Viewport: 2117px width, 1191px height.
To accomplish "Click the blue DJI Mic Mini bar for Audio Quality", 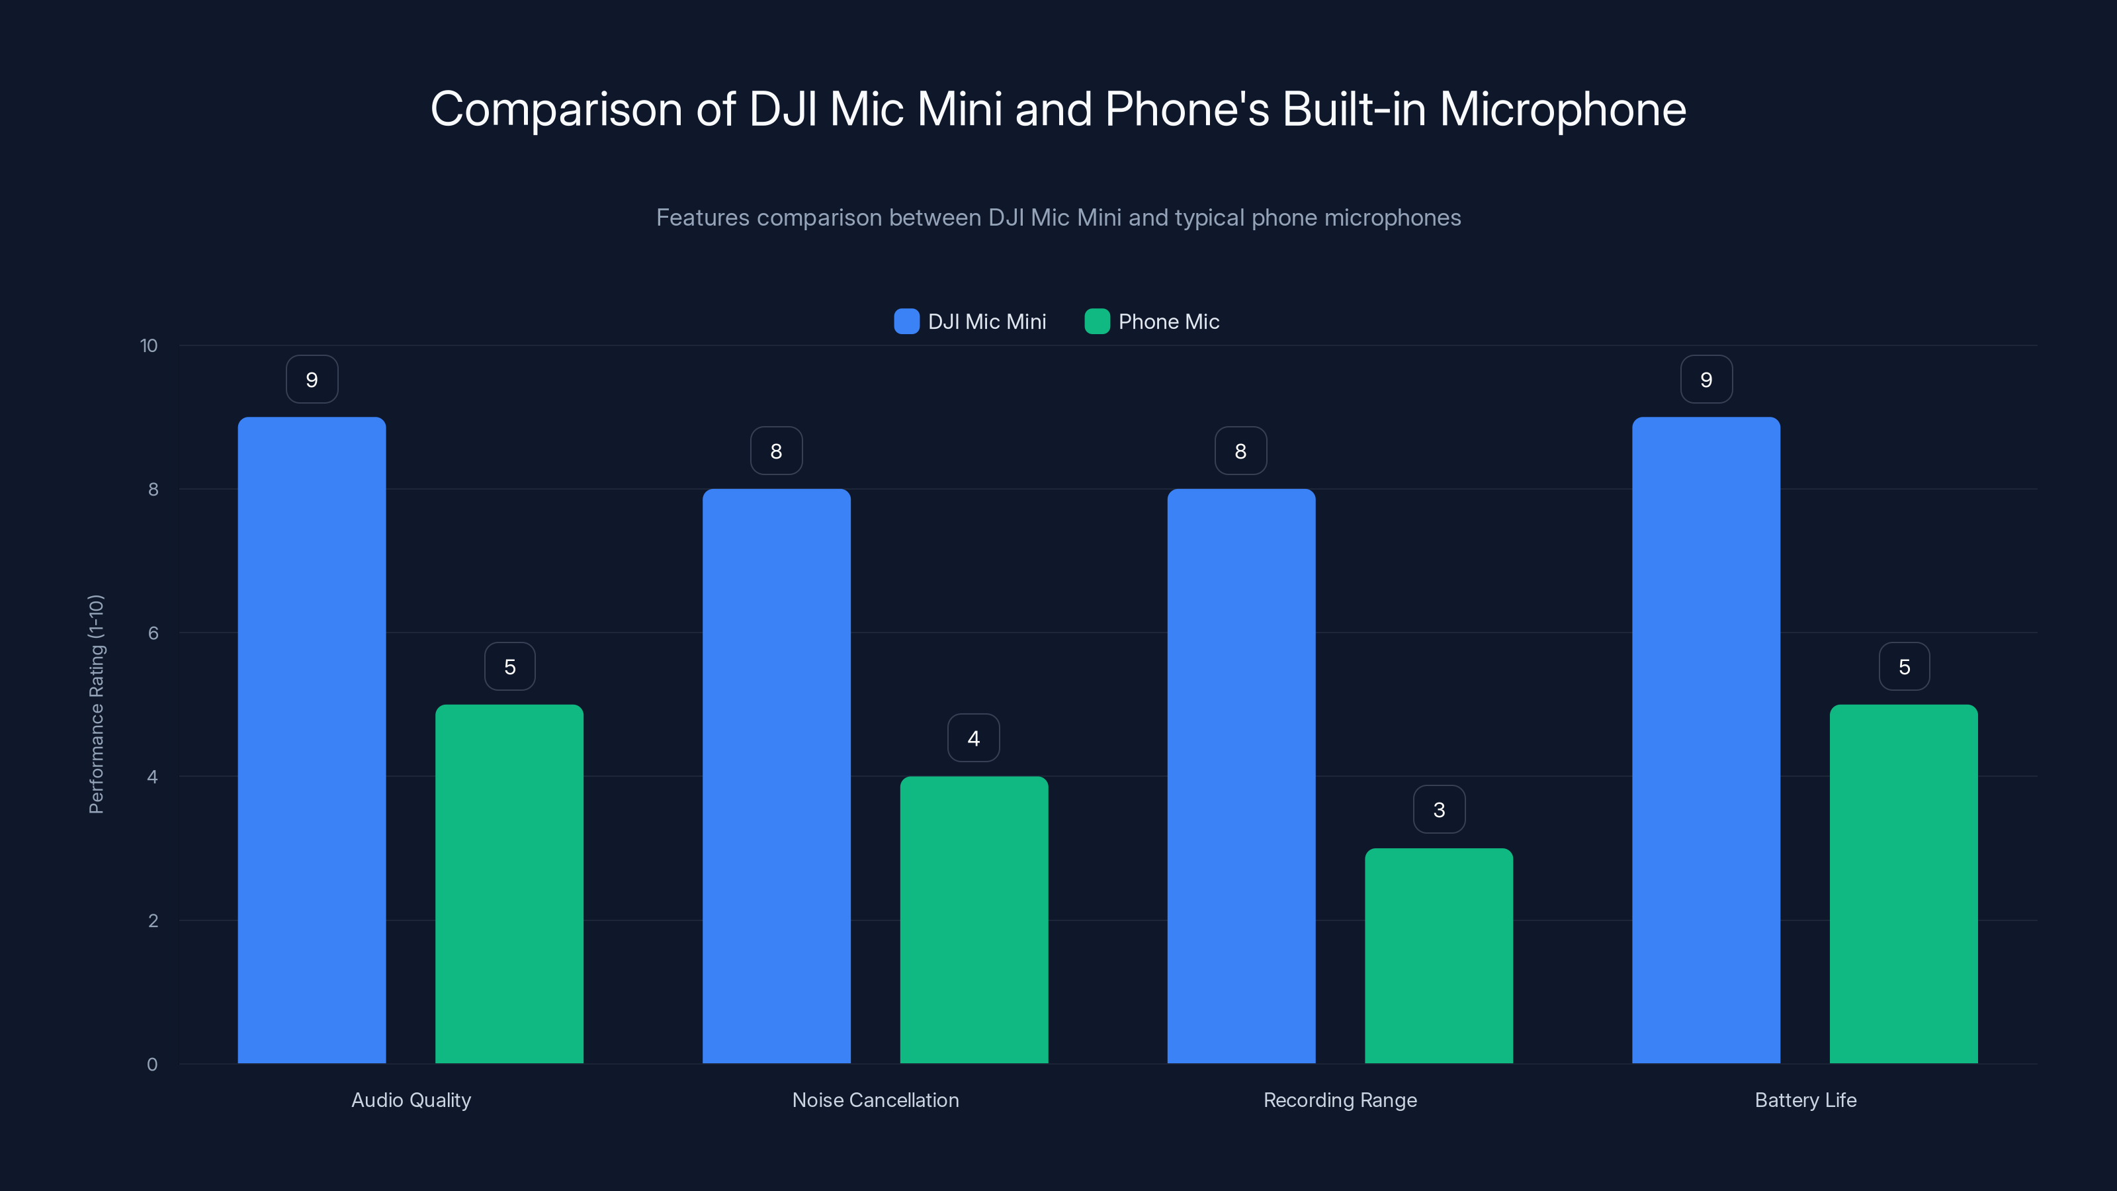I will tap(312, 740).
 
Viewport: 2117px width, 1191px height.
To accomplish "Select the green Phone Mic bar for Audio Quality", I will tap(509, 883).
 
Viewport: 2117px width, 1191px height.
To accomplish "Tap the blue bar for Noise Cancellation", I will tap(776, 776).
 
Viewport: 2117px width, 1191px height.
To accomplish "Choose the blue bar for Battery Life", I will tap(1706, 740).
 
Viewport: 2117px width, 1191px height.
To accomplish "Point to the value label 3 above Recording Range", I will tap(1438, 810).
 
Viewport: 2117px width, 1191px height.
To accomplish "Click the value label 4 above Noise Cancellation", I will tap(973, 738).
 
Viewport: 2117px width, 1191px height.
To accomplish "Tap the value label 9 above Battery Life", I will tap(1706, 380).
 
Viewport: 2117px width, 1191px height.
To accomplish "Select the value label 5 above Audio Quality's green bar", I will tap(509, 666).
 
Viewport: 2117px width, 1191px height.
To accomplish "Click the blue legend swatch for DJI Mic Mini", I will tap(906, 322).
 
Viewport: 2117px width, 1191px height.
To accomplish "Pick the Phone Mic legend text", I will tap(1168, 322).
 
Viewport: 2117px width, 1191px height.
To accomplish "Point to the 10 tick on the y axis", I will tap(149, 345).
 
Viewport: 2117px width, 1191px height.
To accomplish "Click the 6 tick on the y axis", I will tap(153, 633).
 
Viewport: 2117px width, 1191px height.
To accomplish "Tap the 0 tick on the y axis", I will tap(152, 1065).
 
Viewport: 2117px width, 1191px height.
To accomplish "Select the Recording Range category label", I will tap(1340, 1100).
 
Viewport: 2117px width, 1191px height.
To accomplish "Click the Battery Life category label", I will tap(1805, 1100).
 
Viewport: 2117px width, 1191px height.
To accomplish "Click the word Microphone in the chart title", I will tap(1562, 109).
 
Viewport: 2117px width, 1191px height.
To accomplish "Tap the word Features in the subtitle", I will tap(703, 218).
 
